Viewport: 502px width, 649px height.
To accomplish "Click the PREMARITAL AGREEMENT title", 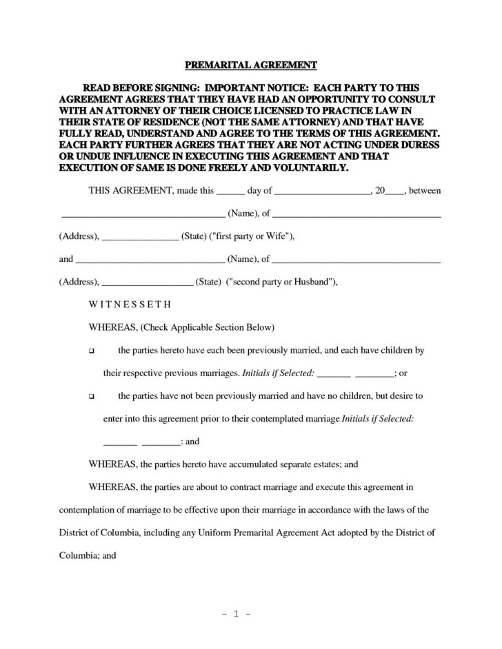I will pos(250,65).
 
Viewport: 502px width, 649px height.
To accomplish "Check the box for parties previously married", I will pos(92,351).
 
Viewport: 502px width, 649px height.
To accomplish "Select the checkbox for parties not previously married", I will pos(92,397).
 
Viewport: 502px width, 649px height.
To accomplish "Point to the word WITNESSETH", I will pos(131,304).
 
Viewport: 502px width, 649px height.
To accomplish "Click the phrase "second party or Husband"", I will pos(281,282).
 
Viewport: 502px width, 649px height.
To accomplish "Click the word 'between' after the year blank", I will pos(425,189).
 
